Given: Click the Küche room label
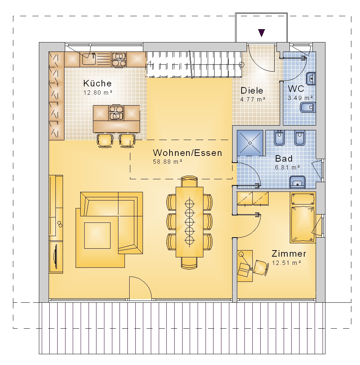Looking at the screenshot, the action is [x=97, y=83].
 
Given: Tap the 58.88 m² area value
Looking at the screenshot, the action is [x=167, y=162].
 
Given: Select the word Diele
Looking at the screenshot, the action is [x=252, y=90].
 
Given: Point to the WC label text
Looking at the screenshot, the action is [x=296, y=89].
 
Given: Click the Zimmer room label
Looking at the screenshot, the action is [x=289, y=253].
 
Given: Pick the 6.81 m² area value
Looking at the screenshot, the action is [x=287, y=167].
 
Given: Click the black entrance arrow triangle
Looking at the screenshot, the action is [x=261, y=33].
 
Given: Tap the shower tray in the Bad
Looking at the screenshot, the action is [x=250, y=143].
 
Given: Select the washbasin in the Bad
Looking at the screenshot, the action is [x=297, y=182].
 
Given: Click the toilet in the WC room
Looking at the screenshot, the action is [x=307, y=107].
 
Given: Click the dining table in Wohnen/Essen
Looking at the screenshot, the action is [x=190, y=222].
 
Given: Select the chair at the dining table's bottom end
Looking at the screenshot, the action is [x=189, y=263].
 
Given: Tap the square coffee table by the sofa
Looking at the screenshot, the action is [x=97, y=235].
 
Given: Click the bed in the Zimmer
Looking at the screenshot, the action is [x=303, y=217].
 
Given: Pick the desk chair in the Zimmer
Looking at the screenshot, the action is [x=261, y=268].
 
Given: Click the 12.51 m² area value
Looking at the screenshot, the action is [x=287, y=263].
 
